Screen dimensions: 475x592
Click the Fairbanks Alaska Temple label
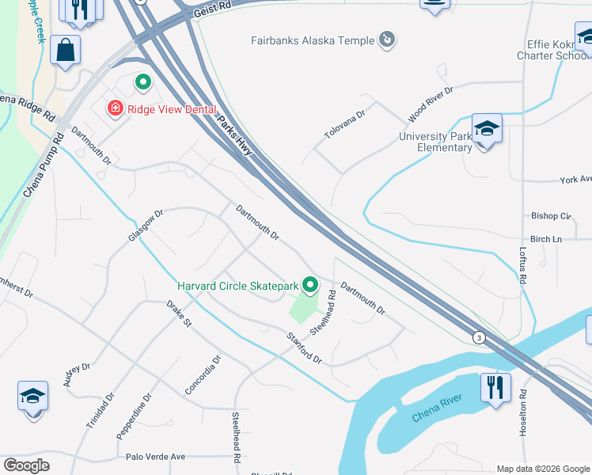pos(313,39)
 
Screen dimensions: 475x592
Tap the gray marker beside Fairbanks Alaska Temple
pos(387,39)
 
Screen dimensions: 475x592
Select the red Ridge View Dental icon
pos(116,108)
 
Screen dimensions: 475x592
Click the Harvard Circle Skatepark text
pos(237,285)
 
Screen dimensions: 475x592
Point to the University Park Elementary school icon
pos(487,129)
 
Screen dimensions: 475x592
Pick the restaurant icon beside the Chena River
pos(495,388)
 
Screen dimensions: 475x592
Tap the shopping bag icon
pos(66,50)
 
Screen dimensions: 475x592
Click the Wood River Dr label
pos(430,104)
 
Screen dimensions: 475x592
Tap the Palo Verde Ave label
pos(155,457)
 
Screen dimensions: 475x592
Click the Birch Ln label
pos(545,239)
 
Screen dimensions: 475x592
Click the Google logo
pos(26,466)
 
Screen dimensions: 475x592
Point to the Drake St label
pos(180,313)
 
